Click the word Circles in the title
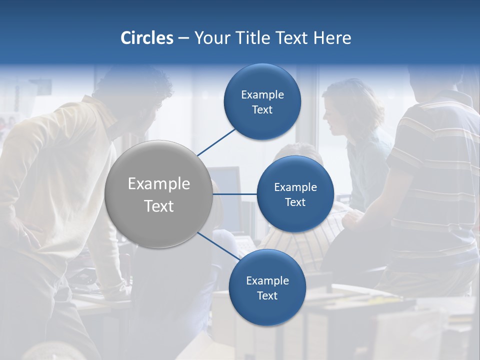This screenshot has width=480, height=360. click(x=146, y=38)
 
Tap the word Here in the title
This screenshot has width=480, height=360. click(x=332, y=38)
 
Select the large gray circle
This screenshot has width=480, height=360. click(x=158, y=194)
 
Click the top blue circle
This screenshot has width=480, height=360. click(x=262, y=101)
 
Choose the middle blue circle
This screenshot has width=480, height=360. click(x=295, y=194)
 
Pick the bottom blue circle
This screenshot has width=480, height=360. click(x=267, y=287)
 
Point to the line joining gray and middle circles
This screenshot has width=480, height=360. click(x=235, y=194)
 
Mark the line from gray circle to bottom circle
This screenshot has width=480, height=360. click(x=218, y=246)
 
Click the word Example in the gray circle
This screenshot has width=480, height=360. click(x=158, y=184)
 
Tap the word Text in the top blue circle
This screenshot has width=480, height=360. click(x=262, y=110)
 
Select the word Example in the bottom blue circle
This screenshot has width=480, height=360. click(x=267, y=280)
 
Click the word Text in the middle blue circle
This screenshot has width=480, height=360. click(x=295, y=202)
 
